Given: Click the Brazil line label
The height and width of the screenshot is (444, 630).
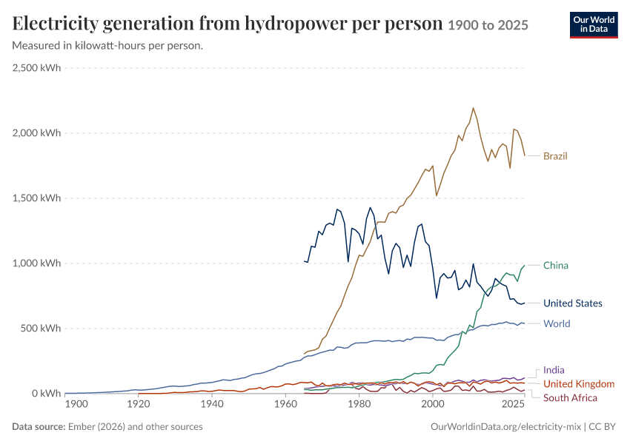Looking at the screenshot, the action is point(555,156).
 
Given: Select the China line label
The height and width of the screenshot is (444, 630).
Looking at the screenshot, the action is point(556,266).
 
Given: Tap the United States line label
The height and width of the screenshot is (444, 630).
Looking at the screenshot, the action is point(572,303).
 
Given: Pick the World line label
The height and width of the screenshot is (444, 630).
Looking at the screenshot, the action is point(557,323).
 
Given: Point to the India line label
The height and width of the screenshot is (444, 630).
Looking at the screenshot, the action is point(554,370).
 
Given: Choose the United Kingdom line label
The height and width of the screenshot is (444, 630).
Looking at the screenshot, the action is point(579,384).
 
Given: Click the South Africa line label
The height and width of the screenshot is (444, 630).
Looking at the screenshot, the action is point(570,398).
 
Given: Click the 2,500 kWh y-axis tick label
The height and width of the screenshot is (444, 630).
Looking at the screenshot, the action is point(36,68).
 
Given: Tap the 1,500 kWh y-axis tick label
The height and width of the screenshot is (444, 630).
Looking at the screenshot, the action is point(36,198).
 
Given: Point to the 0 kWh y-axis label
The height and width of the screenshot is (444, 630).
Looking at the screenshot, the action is point(45,394).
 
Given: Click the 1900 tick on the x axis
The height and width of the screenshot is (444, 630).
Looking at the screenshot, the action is point(76,403).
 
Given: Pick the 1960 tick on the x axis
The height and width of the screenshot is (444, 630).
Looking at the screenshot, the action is point(285,403).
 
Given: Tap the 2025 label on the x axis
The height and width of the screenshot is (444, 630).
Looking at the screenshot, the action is point(513,403).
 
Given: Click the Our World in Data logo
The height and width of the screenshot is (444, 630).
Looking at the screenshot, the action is point(594,25).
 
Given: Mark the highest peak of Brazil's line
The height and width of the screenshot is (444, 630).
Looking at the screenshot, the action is point(474,108).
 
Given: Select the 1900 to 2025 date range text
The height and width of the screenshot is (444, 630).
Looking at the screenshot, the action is point(488,25).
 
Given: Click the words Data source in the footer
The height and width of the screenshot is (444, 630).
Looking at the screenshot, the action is point(39,427).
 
